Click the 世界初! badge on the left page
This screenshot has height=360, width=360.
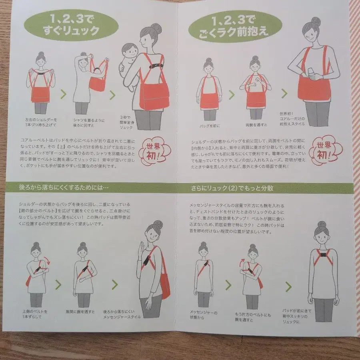point(154,152)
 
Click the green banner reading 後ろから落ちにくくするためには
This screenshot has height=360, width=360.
point(64,187)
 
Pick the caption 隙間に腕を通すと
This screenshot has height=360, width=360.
point(80,311)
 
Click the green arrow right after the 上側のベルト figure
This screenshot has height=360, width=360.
point(58,284)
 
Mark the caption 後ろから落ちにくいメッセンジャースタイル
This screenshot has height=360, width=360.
point(122,314)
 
